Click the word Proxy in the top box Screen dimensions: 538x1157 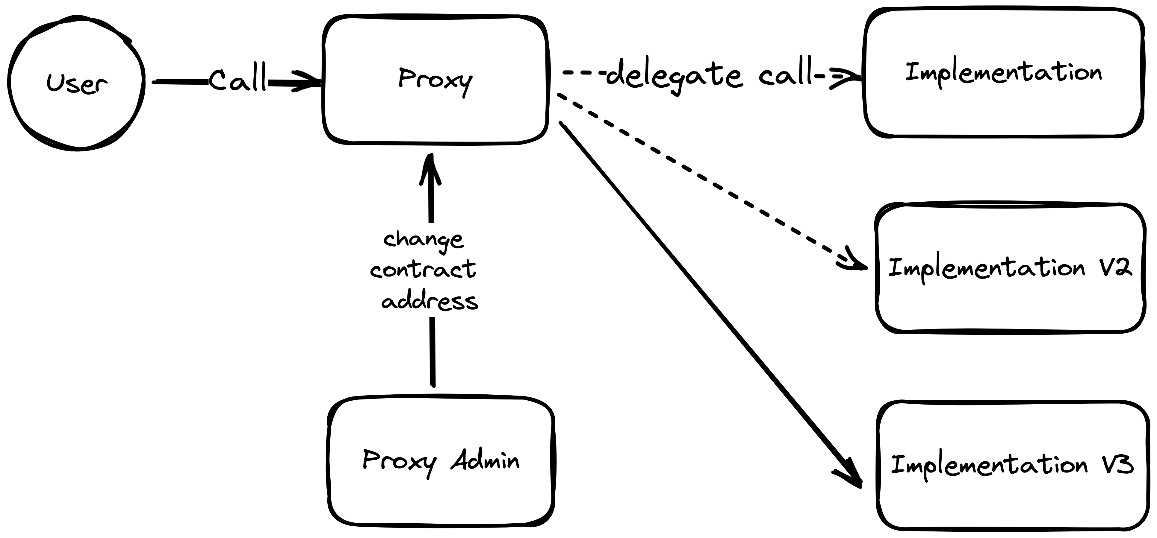435,80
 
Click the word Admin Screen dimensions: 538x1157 485,461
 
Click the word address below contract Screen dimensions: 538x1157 430,301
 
